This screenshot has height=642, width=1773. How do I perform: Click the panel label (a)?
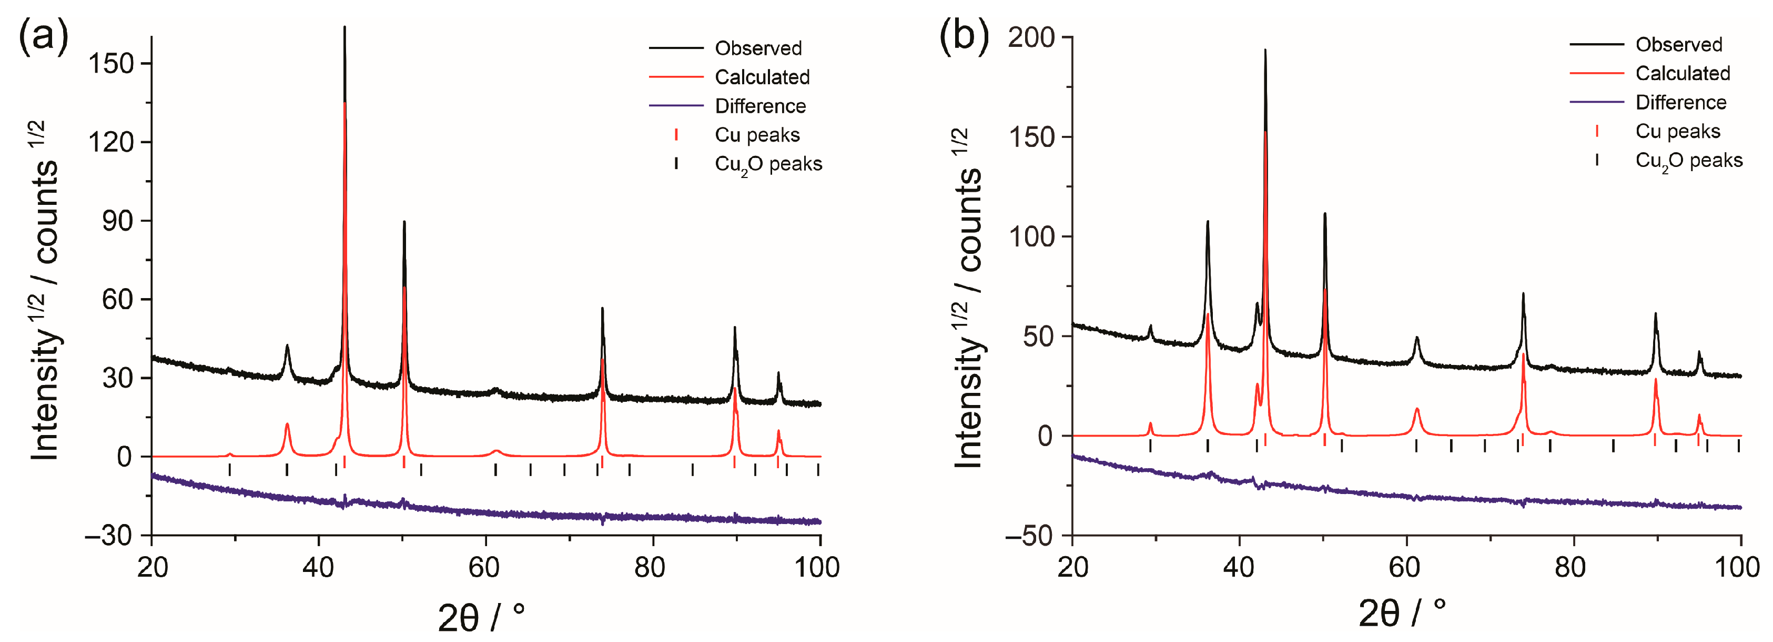coord(43,34)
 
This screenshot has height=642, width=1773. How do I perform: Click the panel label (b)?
coord(964,34)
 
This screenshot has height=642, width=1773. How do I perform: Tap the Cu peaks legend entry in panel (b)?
coord(1677,131)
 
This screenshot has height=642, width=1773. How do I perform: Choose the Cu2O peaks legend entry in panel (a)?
coord(768,164)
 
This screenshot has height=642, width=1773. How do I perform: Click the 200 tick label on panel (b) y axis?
coord(1031,37)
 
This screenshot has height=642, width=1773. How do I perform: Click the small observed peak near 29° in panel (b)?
coord(1150,327)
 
